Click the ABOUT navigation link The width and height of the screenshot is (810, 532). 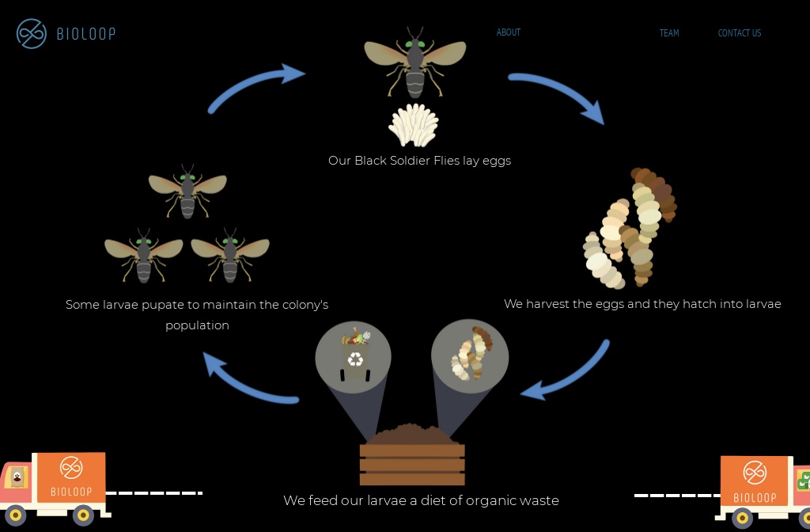coord(508,32)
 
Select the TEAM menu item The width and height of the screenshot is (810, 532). coord(669,33)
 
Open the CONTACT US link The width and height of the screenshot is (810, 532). coord(739,33)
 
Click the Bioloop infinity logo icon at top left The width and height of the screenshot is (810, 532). coord(32,33)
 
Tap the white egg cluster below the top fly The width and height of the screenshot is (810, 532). coord(414,126)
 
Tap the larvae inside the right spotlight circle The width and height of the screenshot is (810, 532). coord(471,355)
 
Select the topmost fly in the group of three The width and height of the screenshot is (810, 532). coord(187,190)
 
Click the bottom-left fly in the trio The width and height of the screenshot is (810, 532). coord(143,255)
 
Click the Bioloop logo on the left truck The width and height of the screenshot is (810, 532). coord(71,474)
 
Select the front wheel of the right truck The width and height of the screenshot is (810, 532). coord(742,519)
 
